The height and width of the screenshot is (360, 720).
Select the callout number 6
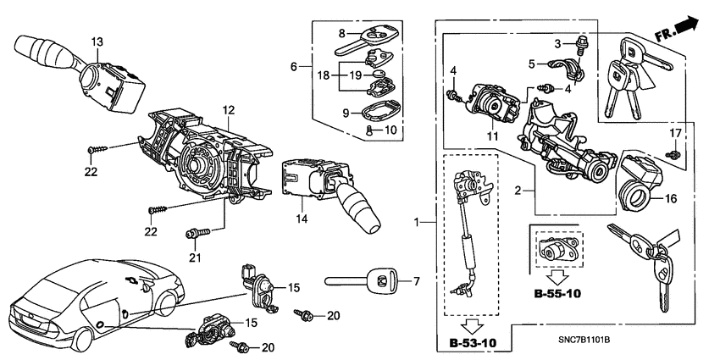294,66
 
